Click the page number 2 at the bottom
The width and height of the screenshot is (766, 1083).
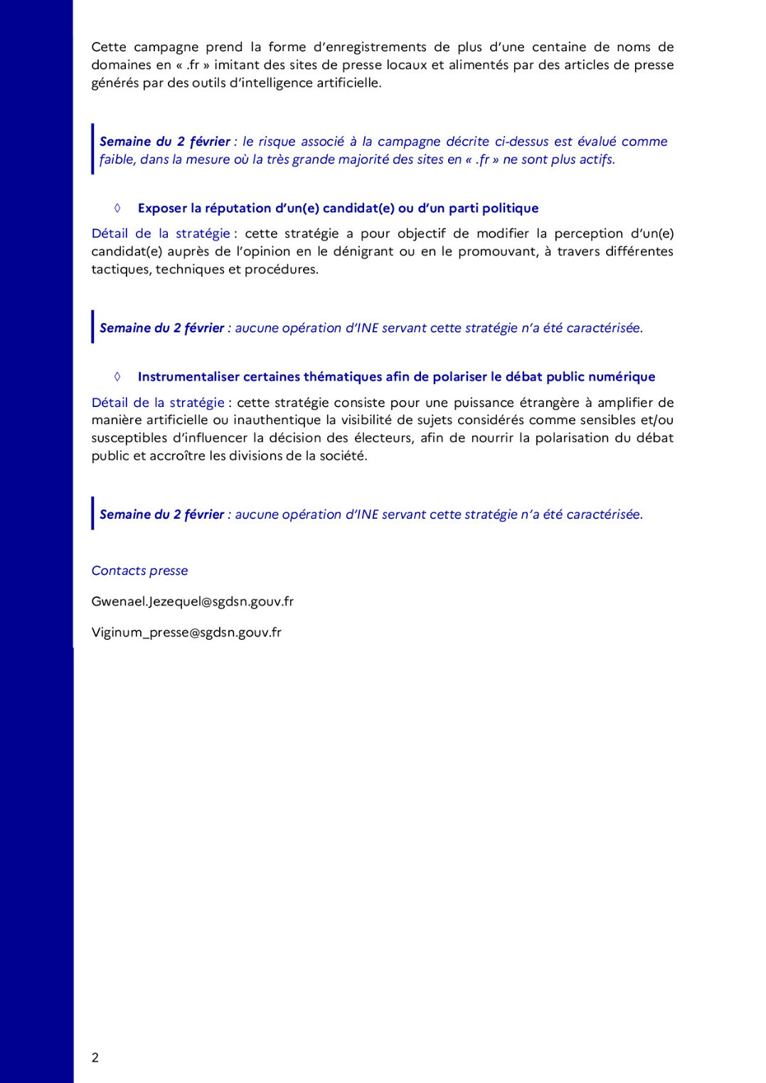(95, 1057)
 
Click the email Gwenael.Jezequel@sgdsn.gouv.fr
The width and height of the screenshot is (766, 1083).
(192, 601)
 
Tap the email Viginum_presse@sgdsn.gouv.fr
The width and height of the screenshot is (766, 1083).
(186, 632)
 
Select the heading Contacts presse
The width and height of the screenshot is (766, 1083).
(139, 571)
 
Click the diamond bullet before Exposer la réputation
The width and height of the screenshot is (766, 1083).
(117, 208)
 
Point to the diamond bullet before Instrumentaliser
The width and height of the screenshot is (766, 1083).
(117, 376)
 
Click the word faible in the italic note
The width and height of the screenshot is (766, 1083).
(117, 159)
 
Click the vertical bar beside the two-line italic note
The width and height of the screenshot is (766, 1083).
(92, 149)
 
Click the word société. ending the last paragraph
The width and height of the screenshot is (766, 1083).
(342, 455)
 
